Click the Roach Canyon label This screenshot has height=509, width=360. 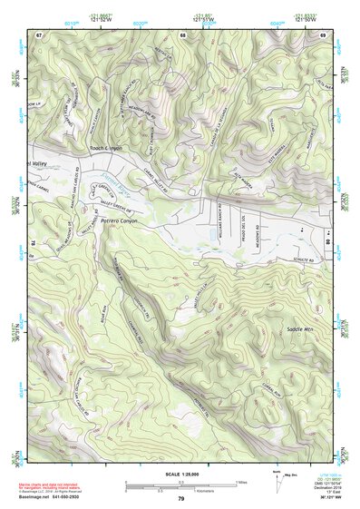click(x=105, y=147)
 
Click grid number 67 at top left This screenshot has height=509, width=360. click(x=39, y=35)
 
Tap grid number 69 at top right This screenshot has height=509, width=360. click(x=322, y=35)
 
